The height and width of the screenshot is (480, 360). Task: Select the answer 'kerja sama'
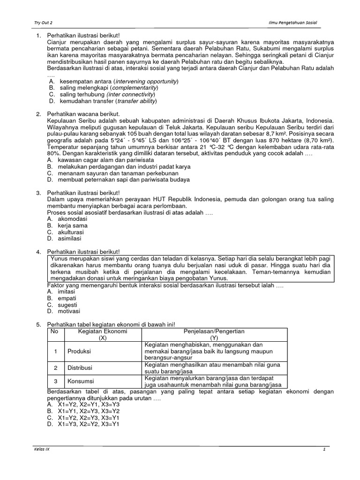point(72,225)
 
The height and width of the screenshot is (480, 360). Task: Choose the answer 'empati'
point(67,298)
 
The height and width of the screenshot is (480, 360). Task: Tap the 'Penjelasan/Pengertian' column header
point(214,331)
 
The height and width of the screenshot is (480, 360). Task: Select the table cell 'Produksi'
point(79,351)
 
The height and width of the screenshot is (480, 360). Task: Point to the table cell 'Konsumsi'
point(81,381)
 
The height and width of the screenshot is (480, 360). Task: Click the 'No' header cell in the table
point(55,331)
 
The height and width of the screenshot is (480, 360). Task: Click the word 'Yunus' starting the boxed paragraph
point(60,259)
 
